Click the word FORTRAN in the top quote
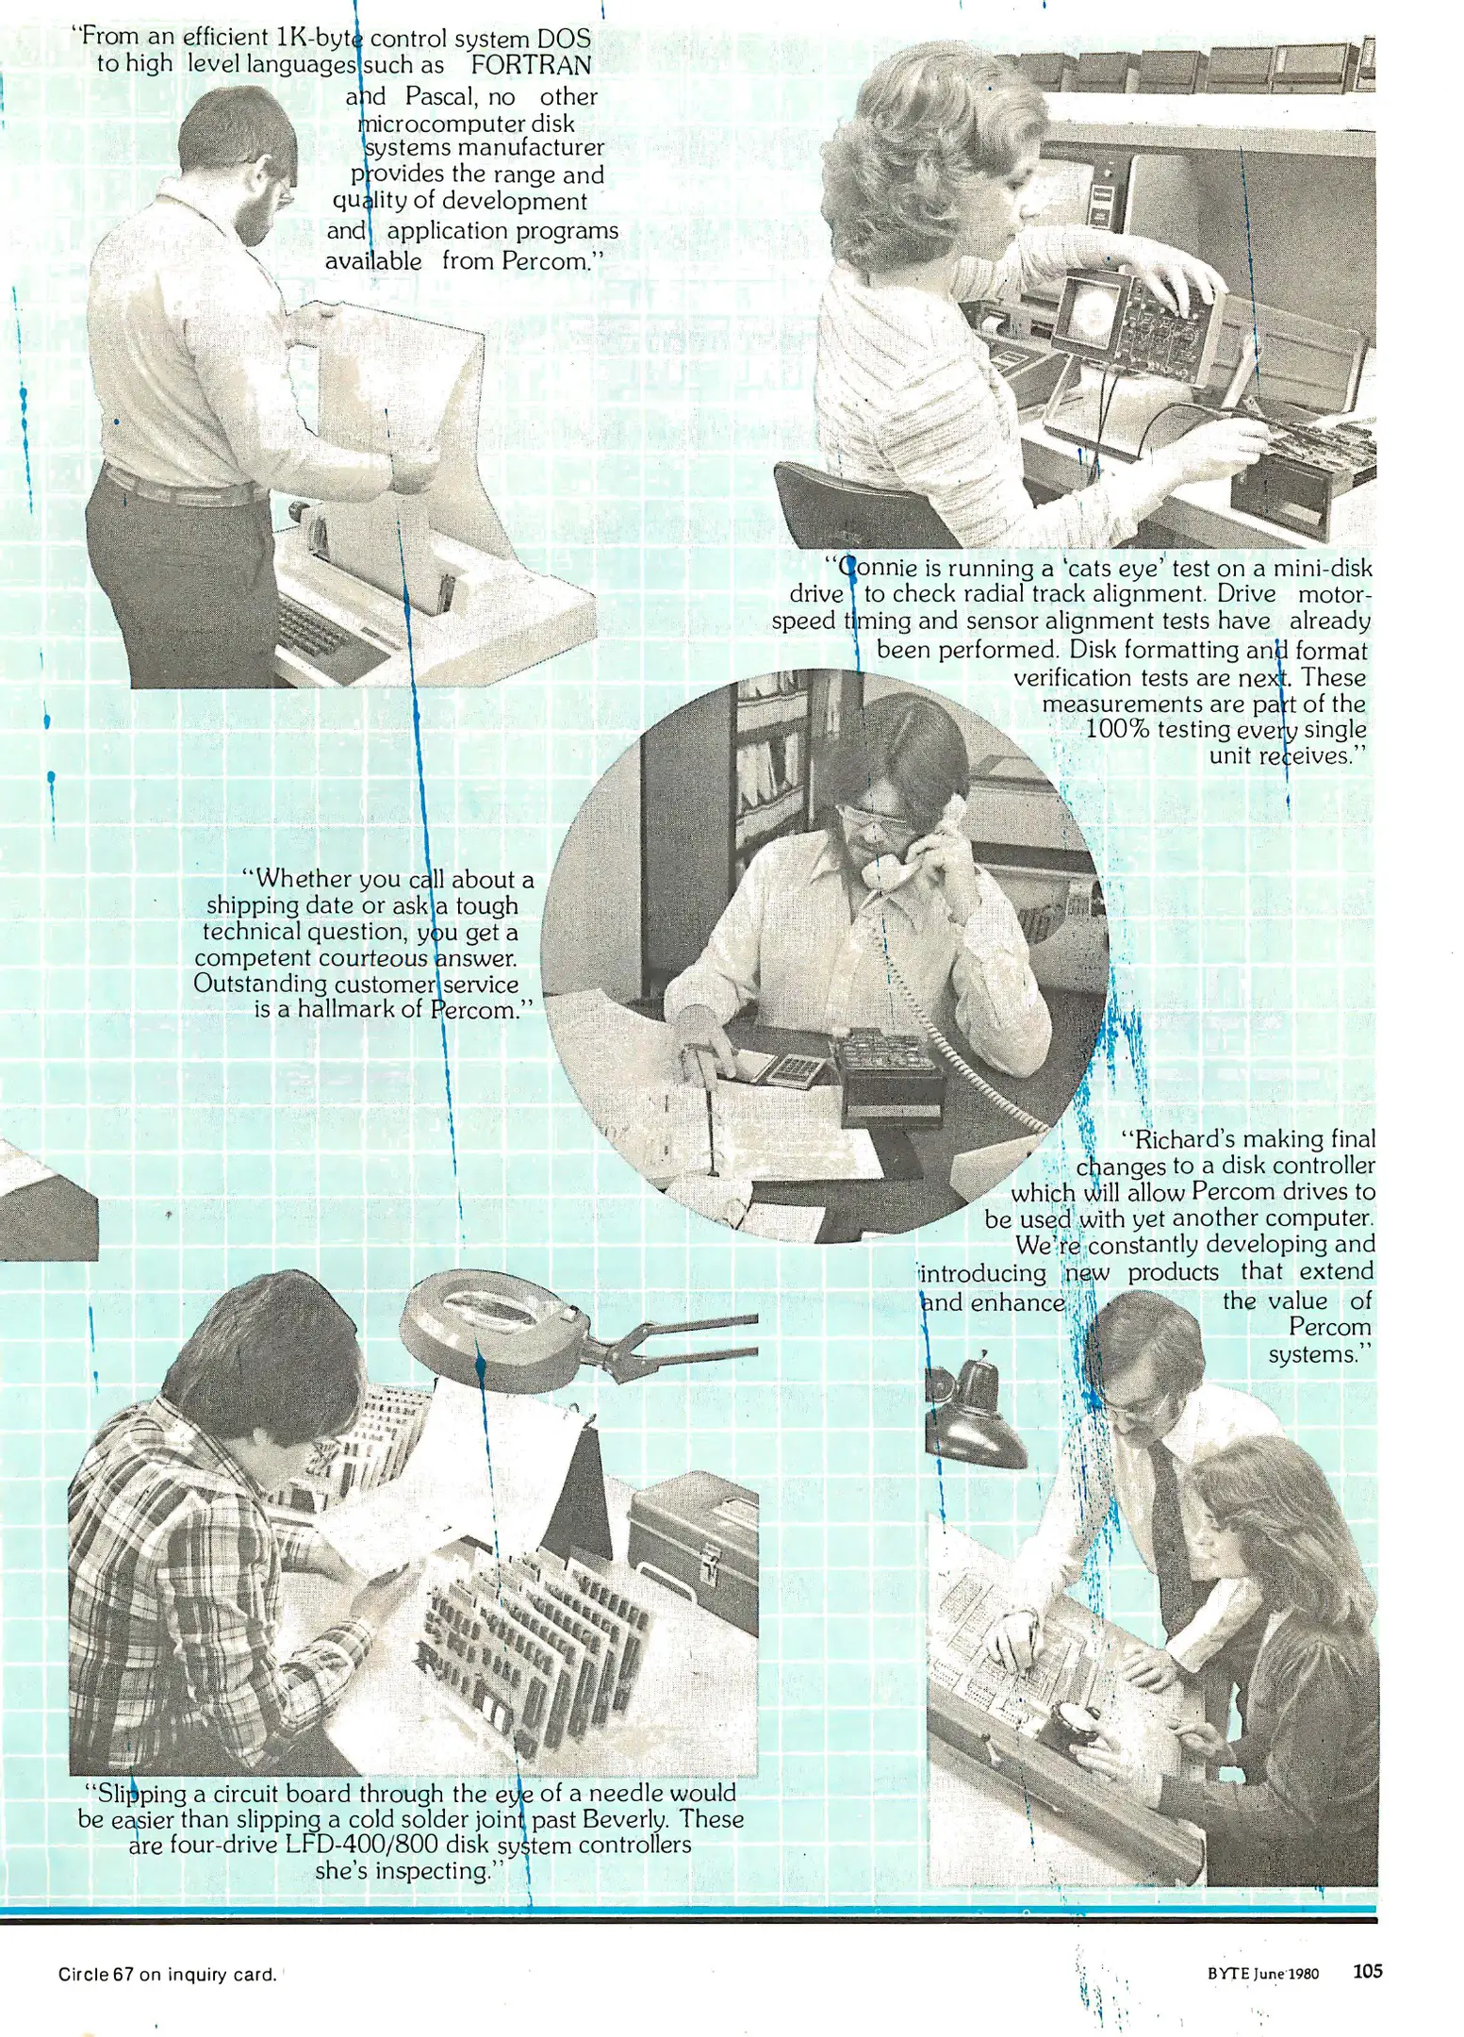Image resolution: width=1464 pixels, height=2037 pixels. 531,65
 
